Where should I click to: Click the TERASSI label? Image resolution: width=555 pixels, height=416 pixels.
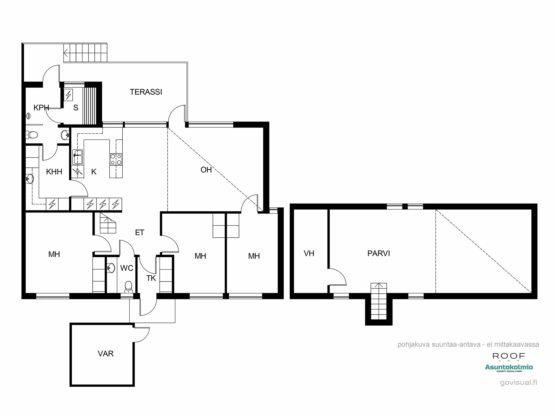pos(146,92)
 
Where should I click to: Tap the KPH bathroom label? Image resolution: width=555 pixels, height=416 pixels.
pos(41,108)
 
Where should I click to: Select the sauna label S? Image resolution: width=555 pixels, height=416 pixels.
pos(76,108)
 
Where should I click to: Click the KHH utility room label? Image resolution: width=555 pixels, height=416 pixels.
pos(54,172)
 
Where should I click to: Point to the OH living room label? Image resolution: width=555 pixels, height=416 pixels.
pos(206,170)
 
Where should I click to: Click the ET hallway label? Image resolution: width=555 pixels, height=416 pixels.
pos(140,232)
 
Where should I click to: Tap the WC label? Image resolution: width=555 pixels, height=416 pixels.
pos(127,268)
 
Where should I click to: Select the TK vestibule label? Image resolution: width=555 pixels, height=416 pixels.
pos(151,278)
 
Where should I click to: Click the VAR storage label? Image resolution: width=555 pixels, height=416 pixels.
pos(106,354)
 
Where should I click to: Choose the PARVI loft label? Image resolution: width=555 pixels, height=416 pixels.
pos(379,253)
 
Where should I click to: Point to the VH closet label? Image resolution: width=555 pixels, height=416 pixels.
pos(309,253)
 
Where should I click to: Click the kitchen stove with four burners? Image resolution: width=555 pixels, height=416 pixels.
pos(116,159)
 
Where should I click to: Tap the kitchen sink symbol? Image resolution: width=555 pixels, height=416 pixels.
pos(77,157)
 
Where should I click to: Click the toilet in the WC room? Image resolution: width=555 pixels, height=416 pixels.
pos(128,287)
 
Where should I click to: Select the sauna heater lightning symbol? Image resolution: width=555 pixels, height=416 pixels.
pos(68,95)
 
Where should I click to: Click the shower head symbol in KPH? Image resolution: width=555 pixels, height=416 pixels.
pos(28,116)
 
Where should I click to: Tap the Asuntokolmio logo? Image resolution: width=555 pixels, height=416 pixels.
pos(509,368)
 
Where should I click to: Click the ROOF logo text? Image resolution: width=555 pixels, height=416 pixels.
pos(509,356)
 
